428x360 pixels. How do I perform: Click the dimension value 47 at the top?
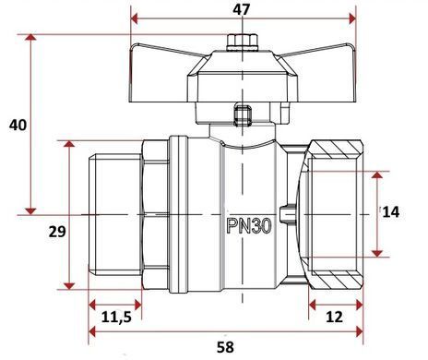pyautogui.click(x=242, y=9)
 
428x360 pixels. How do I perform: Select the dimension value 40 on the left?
pyautogui.click(x=18, y=126)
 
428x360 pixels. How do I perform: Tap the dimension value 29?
pyautogui.click(x=57, y=232)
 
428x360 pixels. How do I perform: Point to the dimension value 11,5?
pyautogui.click(x=116, y=317)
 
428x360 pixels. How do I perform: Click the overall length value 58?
pyautogui.click(x=225, y=347)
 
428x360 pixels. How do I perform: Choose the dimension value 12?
pyautogui.click(x=334, y=317)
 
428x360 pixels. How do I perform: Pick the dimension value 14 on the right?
pyautogui.click(x=391, y=212)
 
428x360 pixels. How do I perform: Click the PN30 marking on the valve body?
pyautogui.click(x=249, y=226)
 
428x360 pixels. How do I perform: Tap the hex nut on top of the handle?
pyautogui.click(x=242, y=42)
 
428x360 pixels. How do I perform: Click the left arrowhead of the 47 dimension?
pyautogui.click(x=135, y=18)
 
